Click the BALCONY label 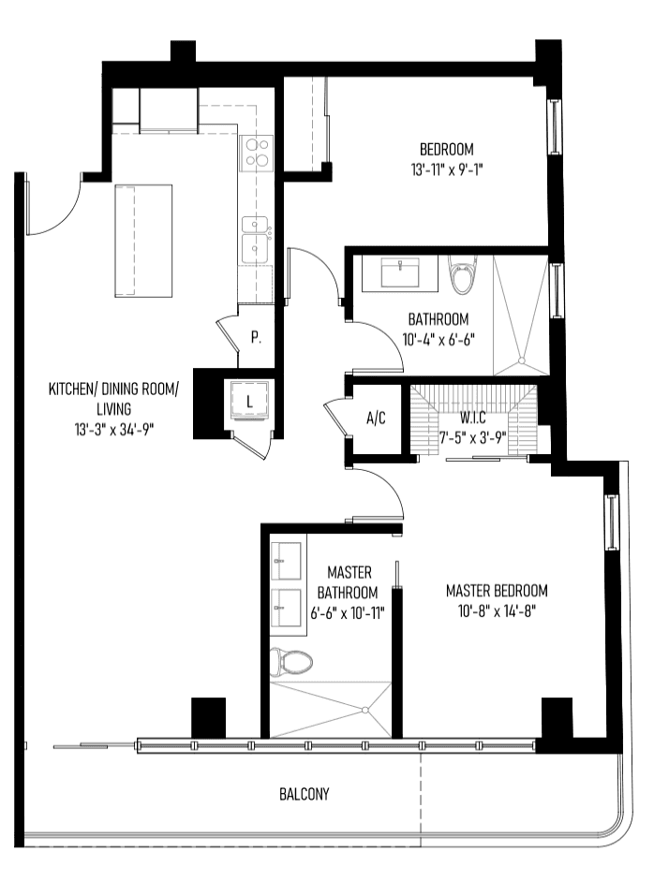pyautogui.click(x=305, y=794)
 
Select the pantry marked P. pyautogui.click(x=256, y=337)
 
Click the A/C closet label pyautogui.click(x=376, y=419)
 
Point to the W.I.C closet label pyautogui.click(x=473, y=417)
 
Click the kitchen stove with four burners pyautogui.click(x=256, y=153)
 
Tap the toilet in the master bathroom pyautogui.click(x=291, y=662)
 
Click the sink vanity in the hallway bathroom pyautogui.click(x=400, y=273)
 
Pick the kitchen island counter pyautogui.click(x=143, y=240)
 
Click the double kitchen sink pyautogui.click(x=255, y=240)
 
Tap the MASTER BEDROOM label pyautogui.click(x=497, y=590)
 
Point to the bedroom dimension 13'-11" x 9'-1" pyautogui.click(x=447, y=169)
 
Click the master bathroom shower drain pyautogui.click(x=365, y=711)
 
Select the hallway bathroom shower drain pyautogui.click(x=521, y=360)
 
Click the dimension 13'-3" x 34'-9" pyautogui.click(x=114, y=429)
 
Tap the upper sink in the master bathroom pyautogui.click(x=289, y=560)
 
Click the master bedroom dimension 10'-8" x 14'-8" pyautogui.click(x=497, y=611)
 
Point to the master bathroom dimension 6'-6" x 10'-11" pyautogui.click(x=348, y=613)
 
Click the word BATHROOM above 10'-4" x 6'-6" pyautogui.click(x=438, y=319)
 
